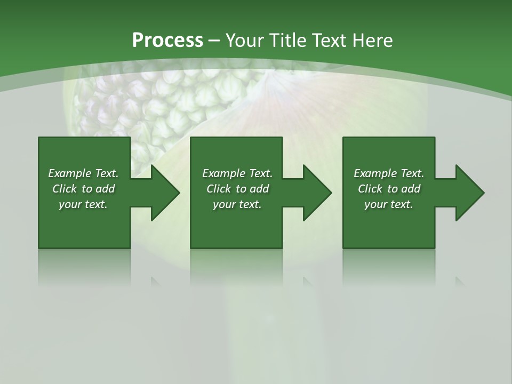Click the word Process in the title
pyautogui.click(x=167, y=40)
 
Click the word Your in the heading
pyautogui.click(x=245, y=40)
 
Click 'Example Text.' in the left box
pyautogui.click(x=83, y=173)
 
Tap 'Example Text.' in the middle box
pyautogui.click(x=237, y=173)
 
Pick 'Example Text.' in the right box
pyautogui.click(x=389, y=173)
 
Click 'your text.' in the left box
pyautogui.click(x=83, y=204)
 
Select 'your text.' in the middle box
pyautogui.click(x=237, y=204)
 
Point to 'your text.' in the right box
pyautogui.click(x=389, y=204)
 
